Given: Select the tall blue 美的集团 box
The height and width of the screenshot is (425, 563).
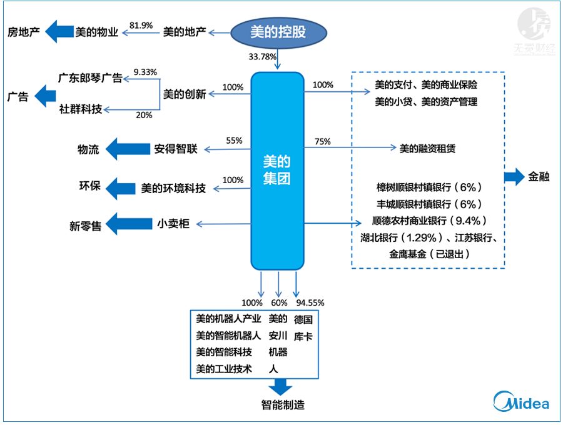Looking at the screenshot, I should [277, 171].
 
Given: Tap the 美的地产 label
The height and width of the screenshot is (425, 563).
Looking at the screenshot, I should [184, 31].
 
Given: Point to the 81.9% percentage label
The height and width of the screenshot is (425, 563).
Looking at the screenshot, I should [141, 26].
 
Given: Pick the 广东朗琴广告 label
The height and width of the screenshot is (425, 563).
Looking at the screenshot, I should [89, 78].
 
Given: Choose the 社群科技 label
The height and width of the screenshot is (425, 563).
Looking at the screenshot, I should [80, 109].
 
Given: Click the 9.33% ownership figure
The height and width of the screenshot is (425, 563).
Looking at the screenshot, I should [145, 72].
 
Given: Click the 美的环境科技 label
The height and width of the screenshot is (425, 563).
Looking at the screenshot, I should [173, 187].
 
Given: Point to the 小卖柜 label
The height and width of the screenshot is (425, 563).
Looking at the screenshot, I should [173, 224].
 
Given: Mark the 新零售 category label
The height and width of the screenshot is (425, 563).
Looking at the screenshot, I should [85, 226].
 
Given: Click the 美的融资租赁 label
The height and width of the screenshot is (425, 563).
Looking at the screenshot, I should [427, 149].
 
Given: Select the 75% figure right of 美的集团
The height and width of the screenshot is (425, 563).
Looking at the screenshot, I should [323, 142].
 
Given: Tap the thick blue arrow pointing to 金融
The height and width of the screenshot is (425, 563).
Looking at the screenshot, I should [514, 177].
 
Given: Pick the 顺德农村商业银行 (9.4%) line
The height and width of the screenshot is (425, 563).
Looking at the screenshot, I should [429, 221].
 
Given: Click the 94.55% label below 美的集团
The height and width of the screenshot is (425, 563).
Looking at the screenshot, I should [310, 303].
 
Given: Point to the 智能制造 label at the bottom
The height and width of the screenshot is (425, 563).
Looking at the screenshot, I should [283, 405].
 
